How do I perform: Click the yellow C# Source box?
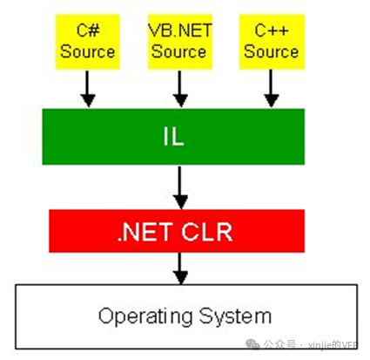tap(88, 42)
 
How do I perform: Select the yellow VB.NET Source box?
tap(180, 42)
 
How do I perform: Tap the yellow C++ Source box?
tap(272, 42)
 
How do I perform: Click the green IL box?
tap(173, 137)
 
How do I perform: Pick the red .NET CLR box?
tap(177, 231)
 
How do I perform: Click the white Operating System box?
tap(186, 316)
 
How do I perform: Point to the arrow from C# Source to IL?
tap(88, 89)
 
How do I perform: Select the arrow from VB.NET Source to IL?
tap(180, 89)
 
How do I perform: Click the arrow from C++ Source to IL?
tap(271, 89)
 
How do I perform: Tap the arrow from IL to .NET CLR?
tap(180, 187)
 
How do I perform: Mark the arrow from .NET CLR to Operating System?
tap(180, 268)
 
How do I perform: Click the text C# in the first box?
tap(88, 31)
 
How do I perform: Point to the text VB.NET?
tap(180, 31)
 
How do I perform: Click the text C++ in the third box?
tap(272, 31)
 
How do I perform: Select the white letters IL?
tap(173, 137)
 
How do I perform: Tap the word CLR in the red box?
tap(207, 232)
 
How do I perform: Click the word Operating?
tap(145, 316)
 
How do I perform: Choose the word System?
tap(235, 316)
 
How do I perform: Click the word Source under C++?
tap(271, 51)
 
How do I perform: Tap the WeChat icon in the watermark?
tap(252, 344)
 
